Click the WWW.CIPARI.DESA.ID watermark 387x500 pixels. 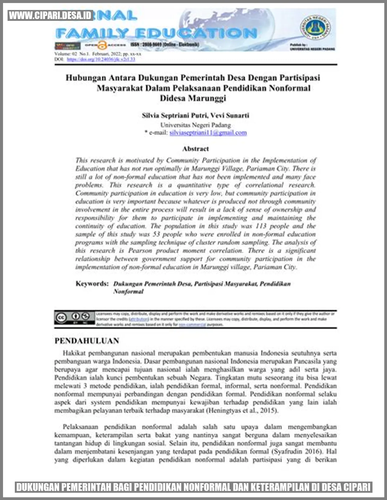pyautogui.click(x=50, y=16)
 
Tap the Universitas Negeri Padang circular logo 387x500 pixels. pyautogui.click(x=315, y=27)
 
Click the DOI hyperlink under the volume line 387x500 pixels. pyautogui.click(x=101, y=59)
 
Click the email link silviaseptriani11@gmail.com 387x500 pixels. pyautogui.click(x=208, y=133)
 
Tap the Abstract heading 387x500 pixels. pyautogui.click(x=195, y=149)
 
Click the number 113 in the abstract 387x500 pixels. pyautogui.click(x=261, y=226)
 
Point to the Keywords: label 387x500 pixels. pyautogui.click(x=92, y=284)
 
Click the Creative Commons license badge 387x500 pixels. pyautogui.click(x=74, y=318)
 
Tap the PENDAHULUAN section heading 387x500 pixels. pyautogui.click(x=87, y=341)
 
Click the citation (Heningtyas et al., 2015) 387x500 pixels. pyautogui.click(x=242, y=410)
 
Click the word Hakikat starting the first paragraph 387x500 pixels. pyautogui.click(x=74, y=353)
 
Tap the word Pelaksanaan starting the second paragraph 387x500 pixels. pyautogui.click(x=80, y=427)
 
